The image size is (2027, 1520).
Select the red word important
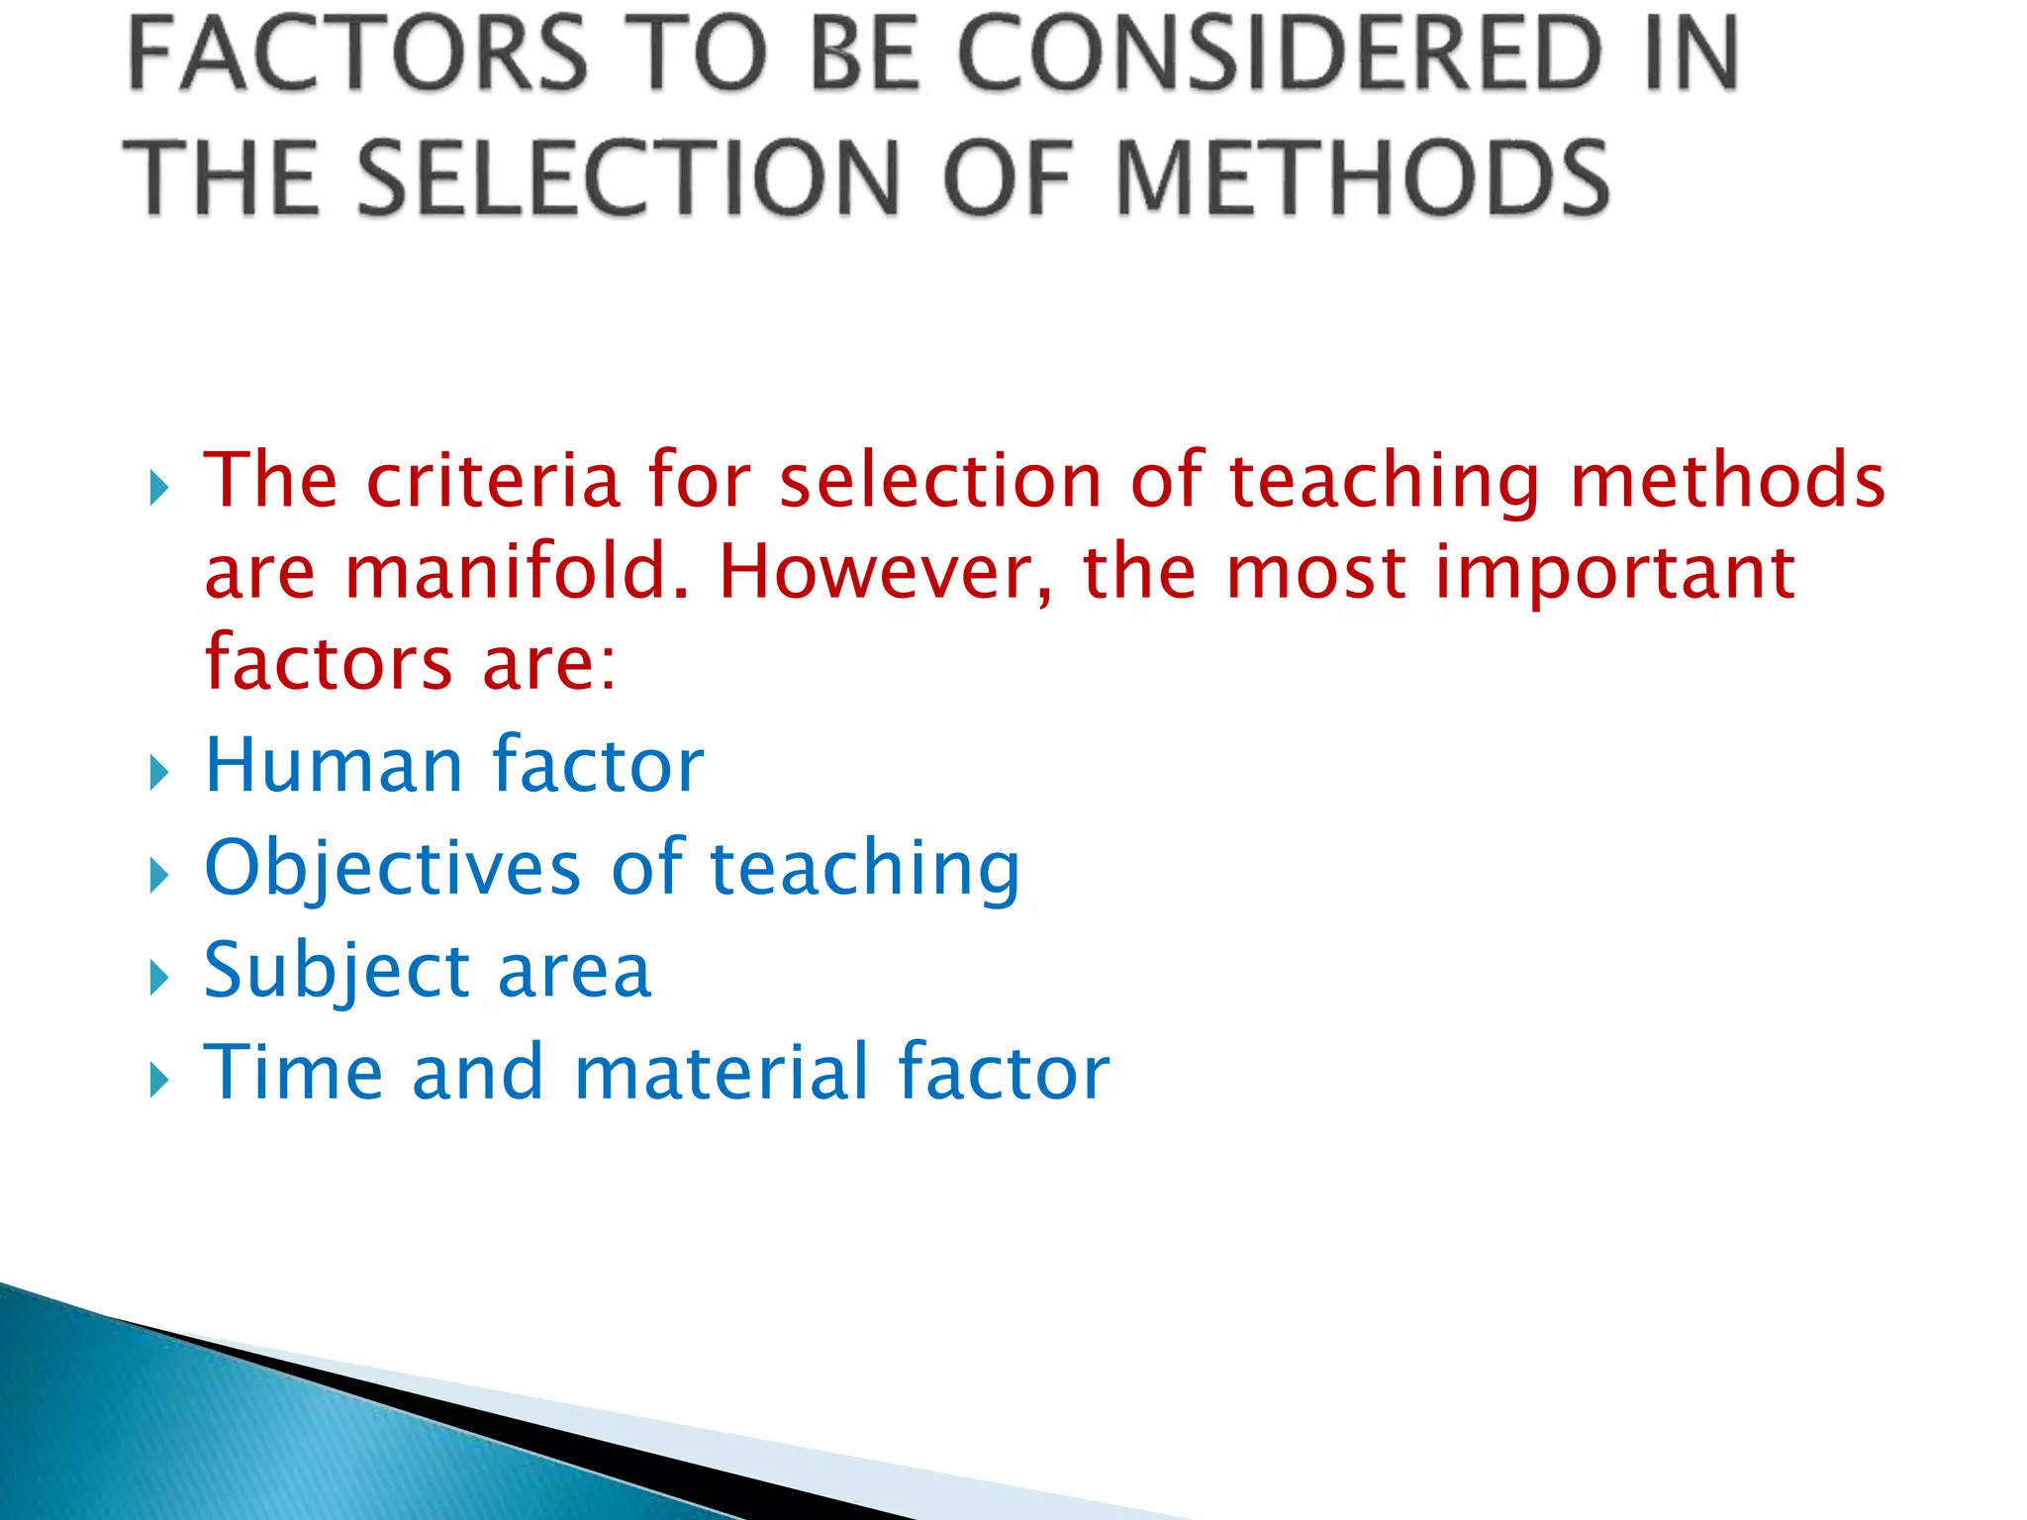[1613, 573]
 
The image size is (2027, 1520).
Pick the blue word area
[574, 972]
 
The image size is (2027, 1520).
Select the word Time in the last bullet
[293, 1073]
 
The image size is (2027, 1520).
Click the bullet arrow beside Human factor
[159, 772]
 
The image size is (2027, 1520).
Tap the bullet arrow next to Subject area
[159, 978]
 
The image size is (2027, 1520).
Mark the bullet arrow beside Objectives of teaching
[159, 875]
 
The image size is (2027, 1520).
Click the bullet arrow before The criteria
[159, 488]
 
